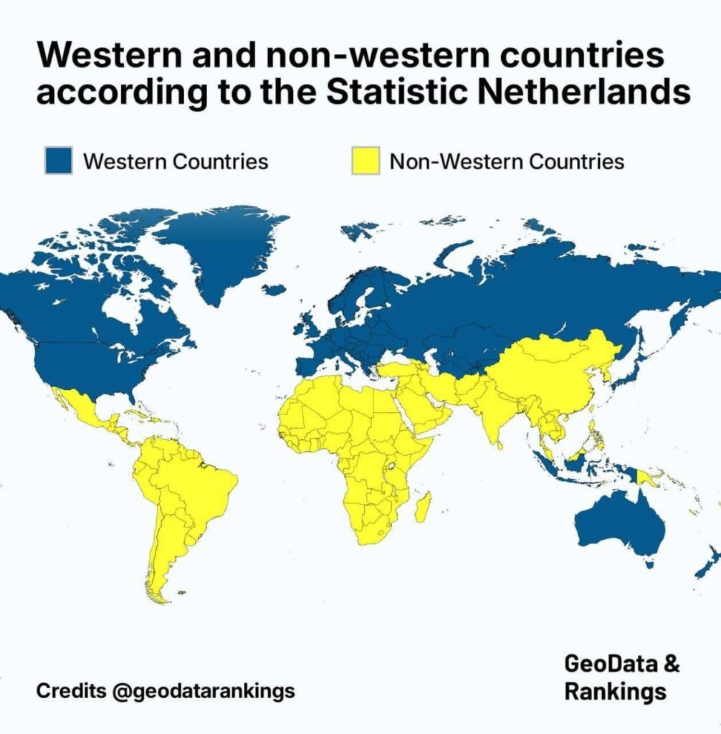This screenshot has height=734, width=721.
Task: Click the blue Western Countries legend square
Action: coord(58,161)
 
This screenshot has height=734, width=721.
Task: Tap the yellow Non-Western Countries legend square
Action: coord(364,161)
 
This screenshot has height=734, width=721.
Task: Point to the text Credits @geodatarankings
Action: coord(166,691)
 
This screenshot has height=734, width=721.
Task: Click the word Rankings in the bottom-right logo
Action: coord(615,692)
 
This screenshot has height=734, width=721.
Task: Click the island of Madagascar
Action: coord(423,506)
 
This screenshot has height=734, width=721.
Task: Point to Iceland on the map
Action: coord(274,290)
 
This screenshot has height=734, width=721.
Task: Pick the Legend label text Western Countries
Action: coord(176,161)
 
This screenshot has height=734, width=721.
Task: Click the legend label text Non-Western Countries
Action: coord(507,161)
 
